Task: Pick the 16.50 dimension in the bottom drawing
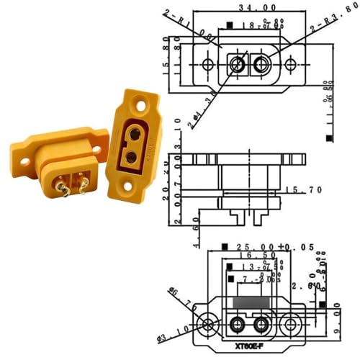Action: [248, 256]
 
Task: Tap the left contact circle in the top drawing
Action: [237, 65]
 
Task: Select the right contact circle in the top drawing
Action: [261, 65]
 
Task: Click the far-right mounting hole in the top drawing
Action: [290, 65]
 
